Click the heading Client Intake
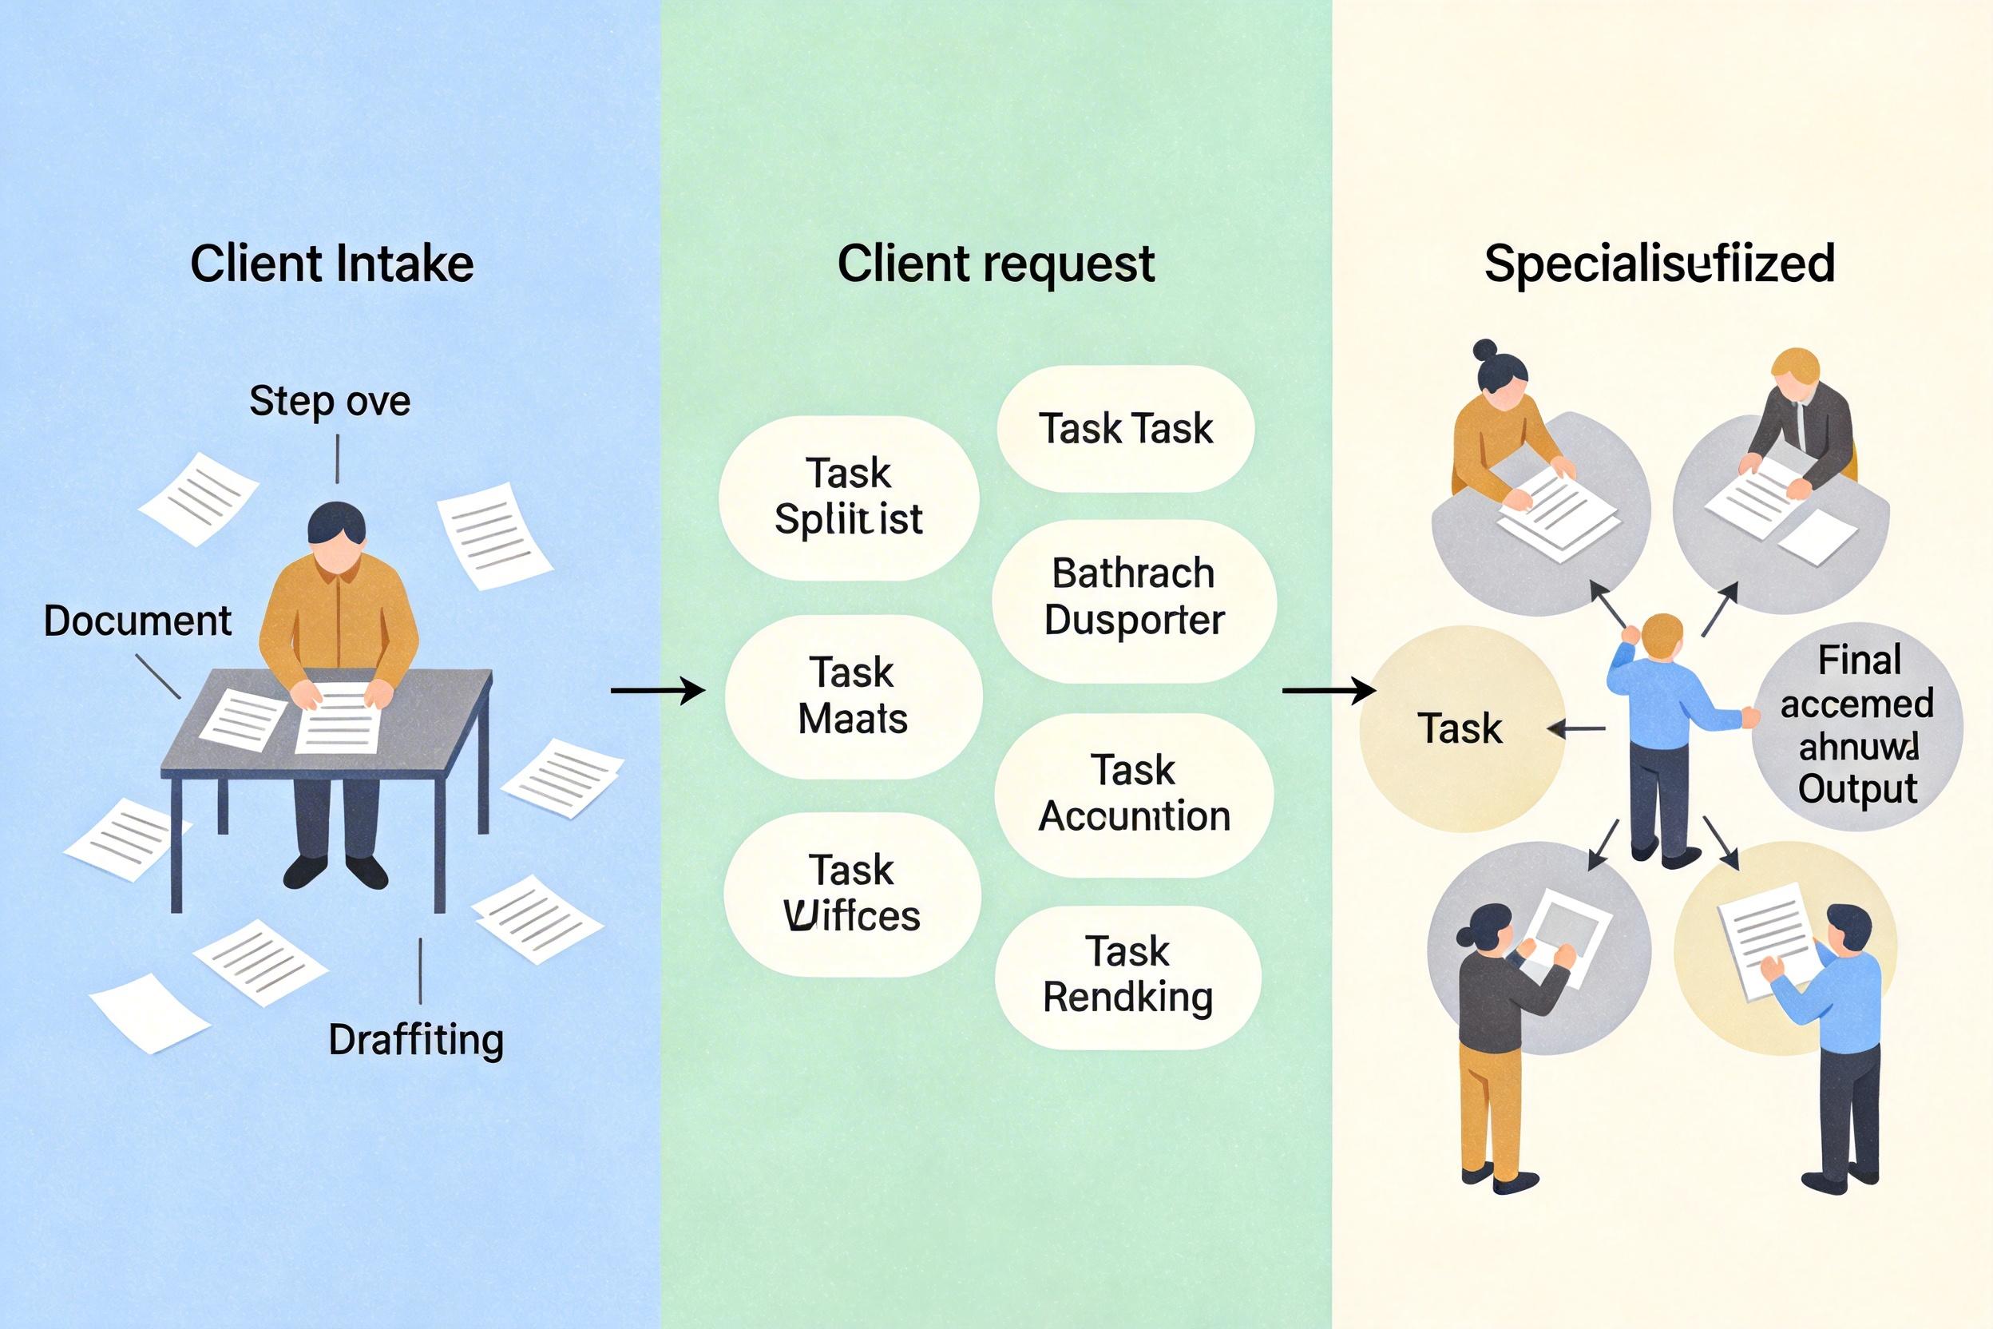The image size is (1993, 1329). click(331, 264)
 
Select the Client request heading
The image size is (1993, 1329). click(996, 264)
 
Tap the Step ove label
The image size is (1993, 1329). click(330, 400)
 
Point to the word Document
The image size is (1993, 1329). click(137, 621)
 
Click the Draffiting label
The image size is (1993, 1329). click(416, 1039)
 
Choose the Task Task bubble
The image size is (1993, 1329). click(1125, 428)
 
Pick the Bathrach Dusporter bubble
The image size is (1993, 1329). click(1134, 597)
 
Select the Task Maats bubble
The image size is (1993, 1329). click(854, 696)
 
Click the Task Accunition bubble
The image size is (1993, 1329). click(1134, 793)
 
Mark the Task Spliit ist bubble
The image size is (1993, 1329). click(848, 497)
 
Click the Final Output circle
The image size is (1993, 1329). click(1857, 725)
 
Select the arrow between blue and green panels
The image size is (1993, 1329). click(658, 691)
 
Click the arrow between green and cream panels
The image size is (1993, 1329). click(1329, 691)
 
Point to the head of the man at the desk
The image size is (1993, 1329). click(336, 534)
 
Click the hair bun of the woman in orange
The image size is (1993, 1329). click(1484, 349)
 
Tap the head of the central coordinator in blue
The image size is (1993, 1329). click(1662, 636)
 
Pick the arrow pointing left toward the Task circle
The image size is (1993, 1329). click(1577, 728)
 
